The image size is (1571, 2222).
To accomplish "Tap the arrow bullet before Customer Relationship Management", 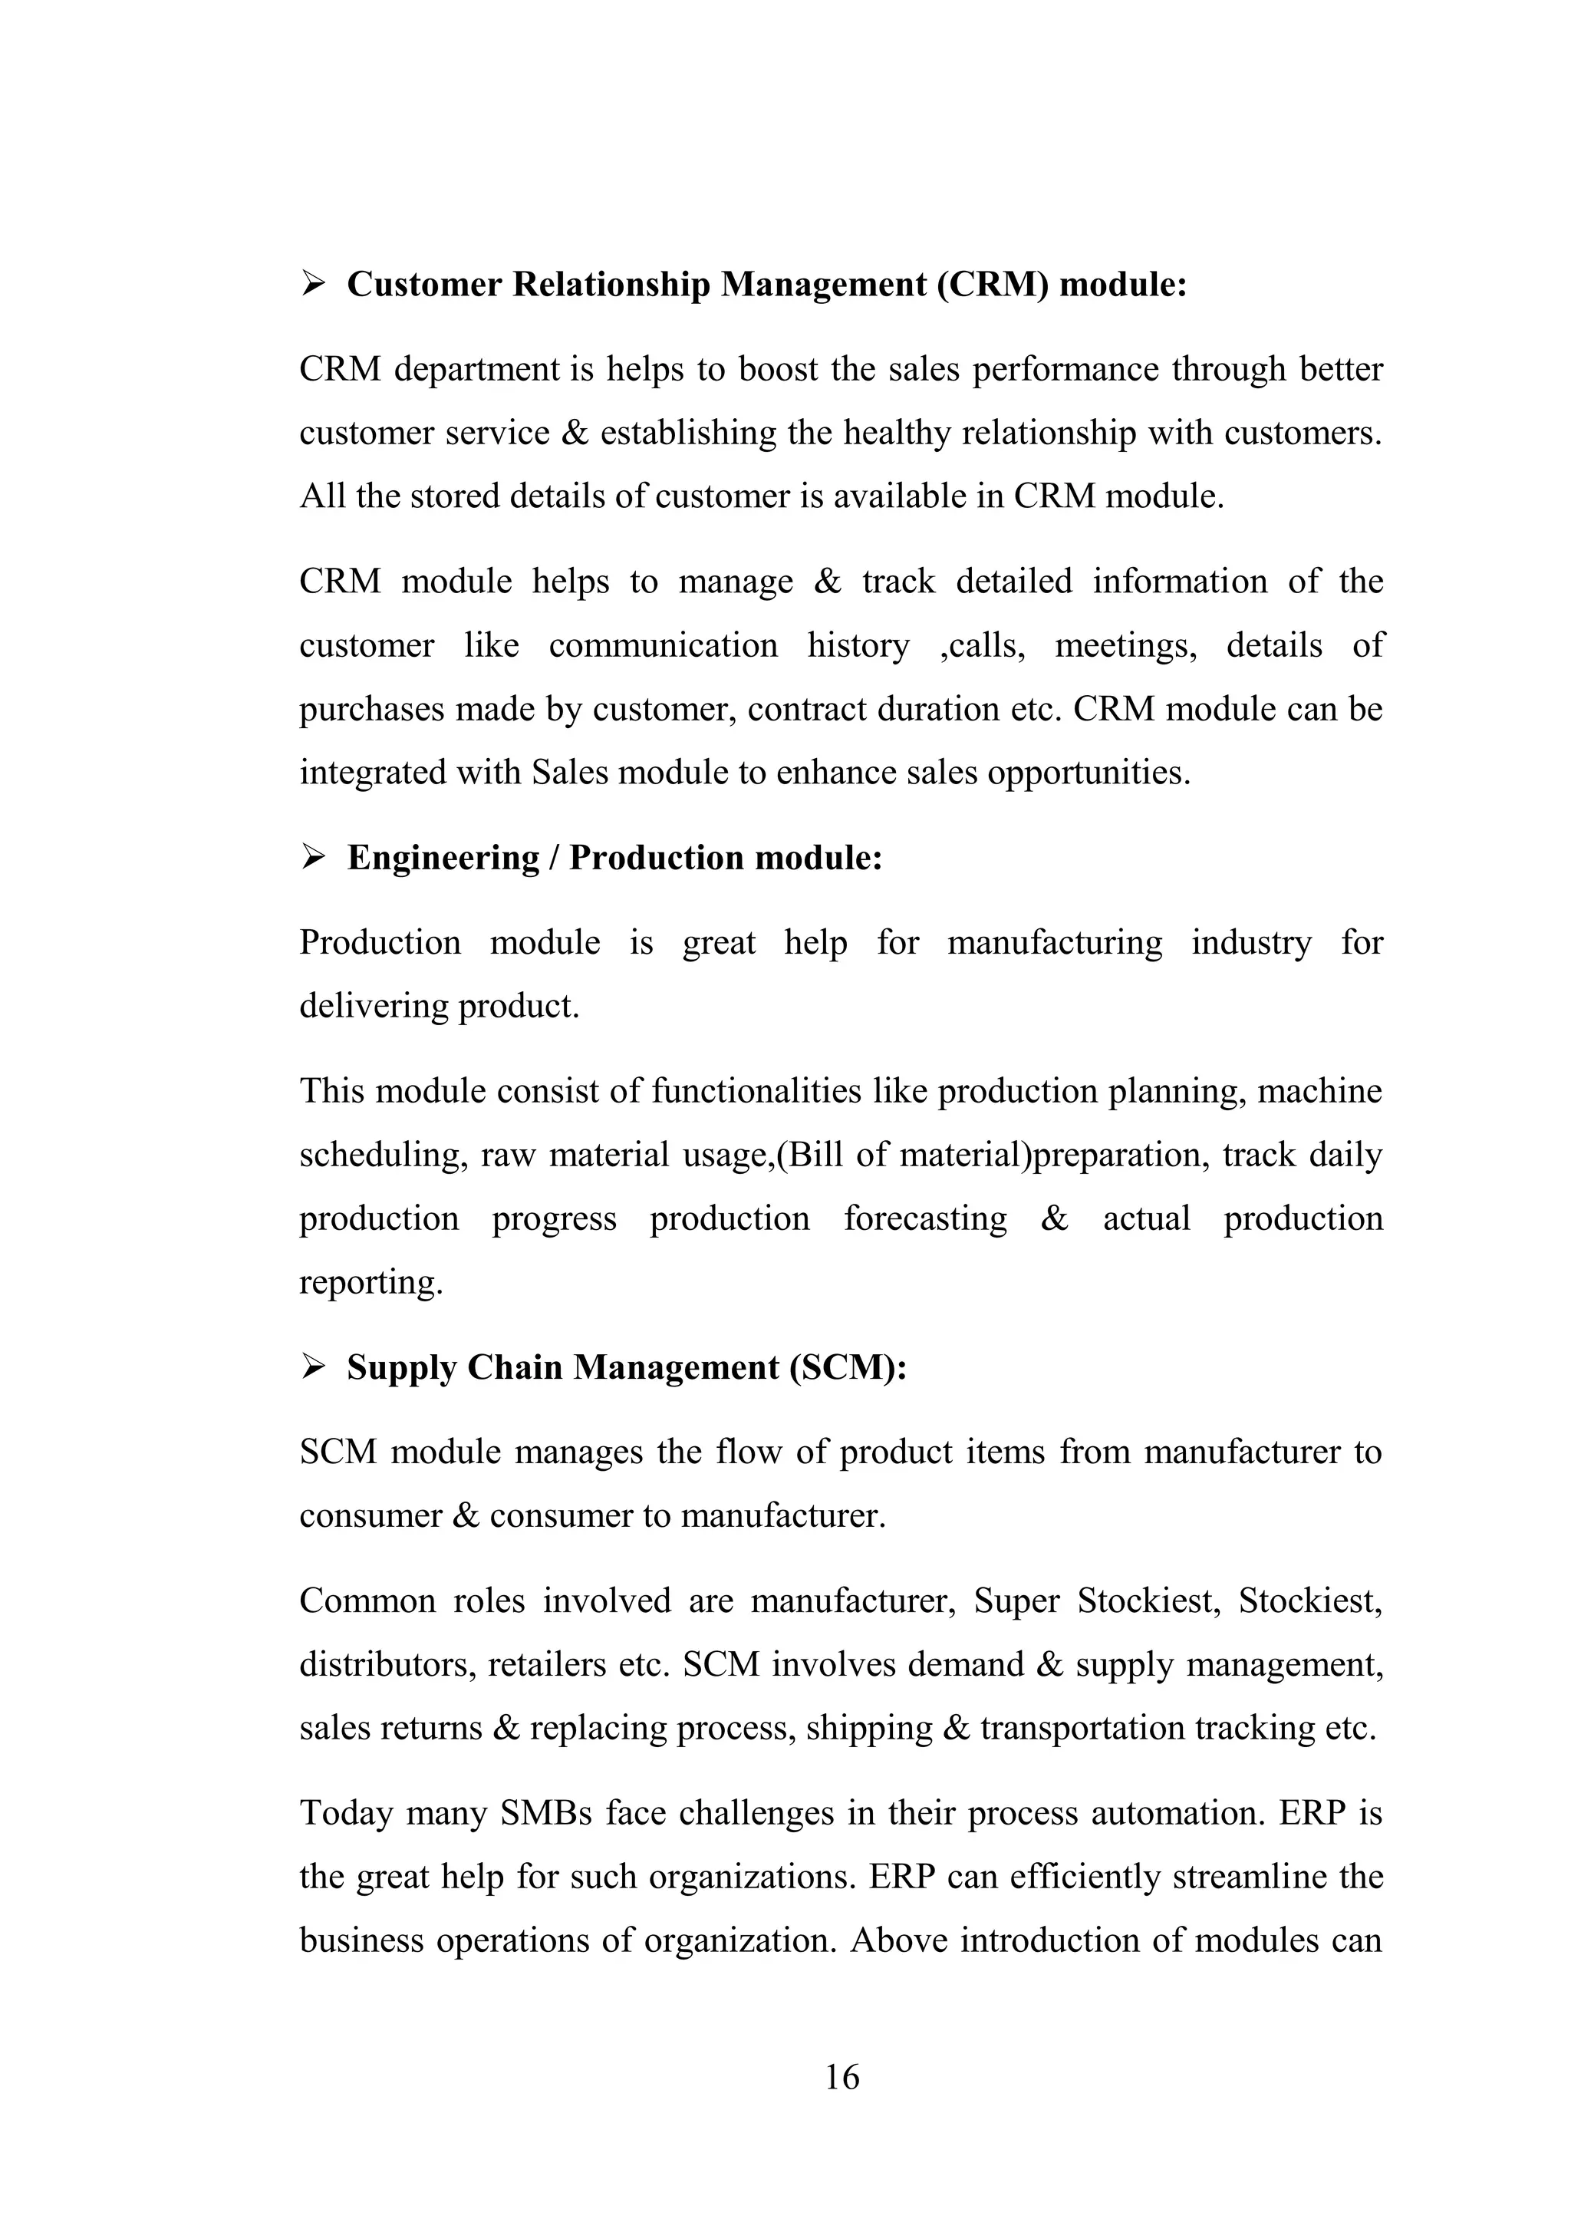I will pos(312,284).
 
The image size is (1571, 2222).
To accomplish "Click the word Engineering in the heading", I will pos(443,859).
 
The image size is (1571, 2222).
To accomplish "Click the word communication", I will pos(663,645).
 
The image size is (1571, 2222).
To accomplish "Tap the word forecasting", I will pos(925,1218).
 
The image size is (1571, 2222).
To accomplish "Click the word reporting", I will pos(371,1282).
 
